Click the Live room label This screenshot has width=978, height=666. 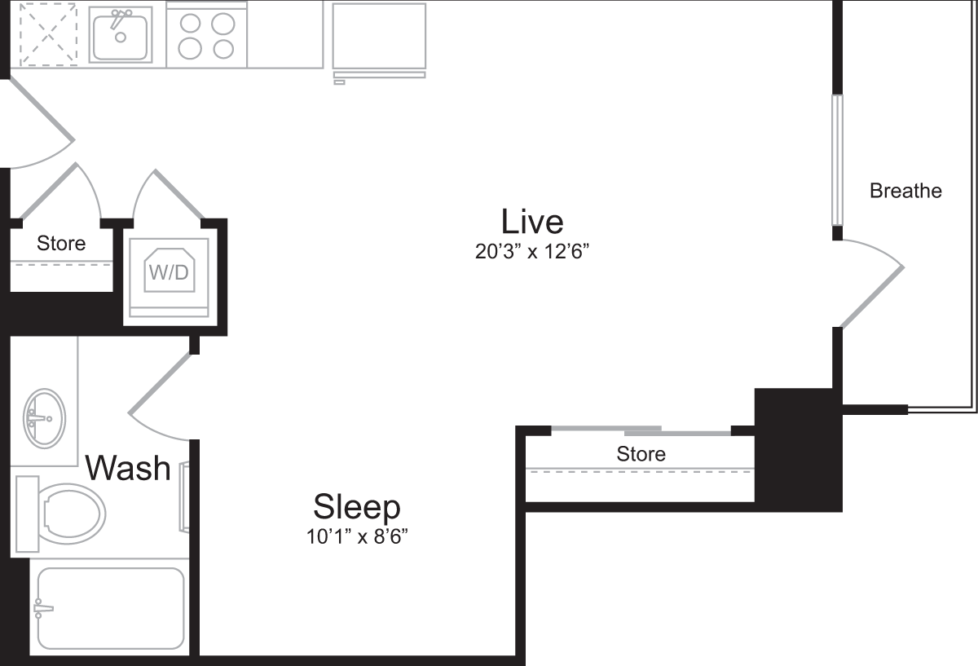[x=532, y=221]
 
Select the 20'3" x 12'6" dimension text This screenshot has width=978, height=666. [x=532, y=252]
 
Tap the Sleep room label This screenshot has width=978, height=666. [x=357, y=507]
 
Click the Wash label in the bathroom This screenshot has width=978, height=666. [x=129, y=469]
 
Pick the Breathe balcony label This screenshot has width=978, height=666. [x=905, y=191]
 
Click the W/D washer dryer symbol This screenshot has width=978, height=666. [x=167, y=271]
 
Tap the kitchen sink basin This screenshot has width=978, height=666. [x=120, y=34]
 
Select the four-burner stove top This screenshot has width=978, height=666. [x=206, y=36]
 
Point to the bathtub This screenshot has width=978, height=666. [x=110, y=607]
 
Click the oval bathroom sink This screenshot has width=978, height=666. [x=43, y=419]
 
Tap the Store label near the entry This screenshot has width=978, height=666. [x=61, y=243]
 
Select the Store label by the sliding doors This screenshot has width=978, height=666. [x=641, y=453]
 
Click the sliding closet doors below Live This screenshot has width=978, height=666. [x=641, y=430]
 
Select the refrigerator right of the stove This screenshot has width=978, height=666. [x=379, y=37]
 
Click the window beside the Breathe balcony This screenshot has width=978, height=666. [x=836, y=160]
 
